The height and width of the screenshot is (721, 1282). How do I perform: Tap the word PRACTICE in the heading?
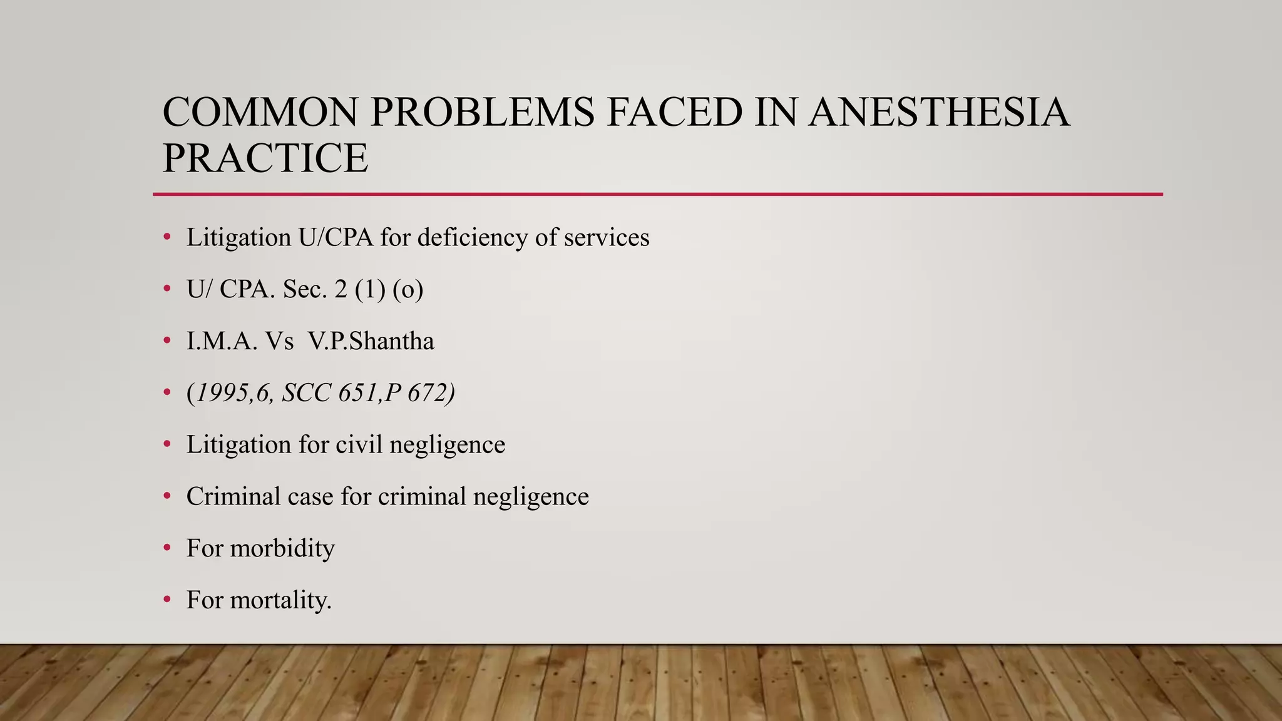tap(265, 158)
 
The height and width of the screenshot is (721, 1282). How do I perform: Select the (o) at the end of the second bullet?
tap(408, 289)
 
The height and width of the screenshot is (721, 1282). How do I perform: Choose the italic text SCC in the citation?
tap(305, 393)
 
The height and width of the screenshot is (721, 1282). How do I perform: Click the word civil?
tap(358, 445)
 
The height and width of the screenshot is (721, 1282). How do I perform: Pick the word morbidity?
tap(282, 549)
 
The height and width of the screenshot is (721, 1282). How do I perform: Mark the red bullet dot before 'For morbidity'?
tap(167, 549)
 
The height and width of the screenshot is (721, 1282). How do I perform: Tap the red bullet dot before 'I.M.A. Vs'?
tap(167, 341)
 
